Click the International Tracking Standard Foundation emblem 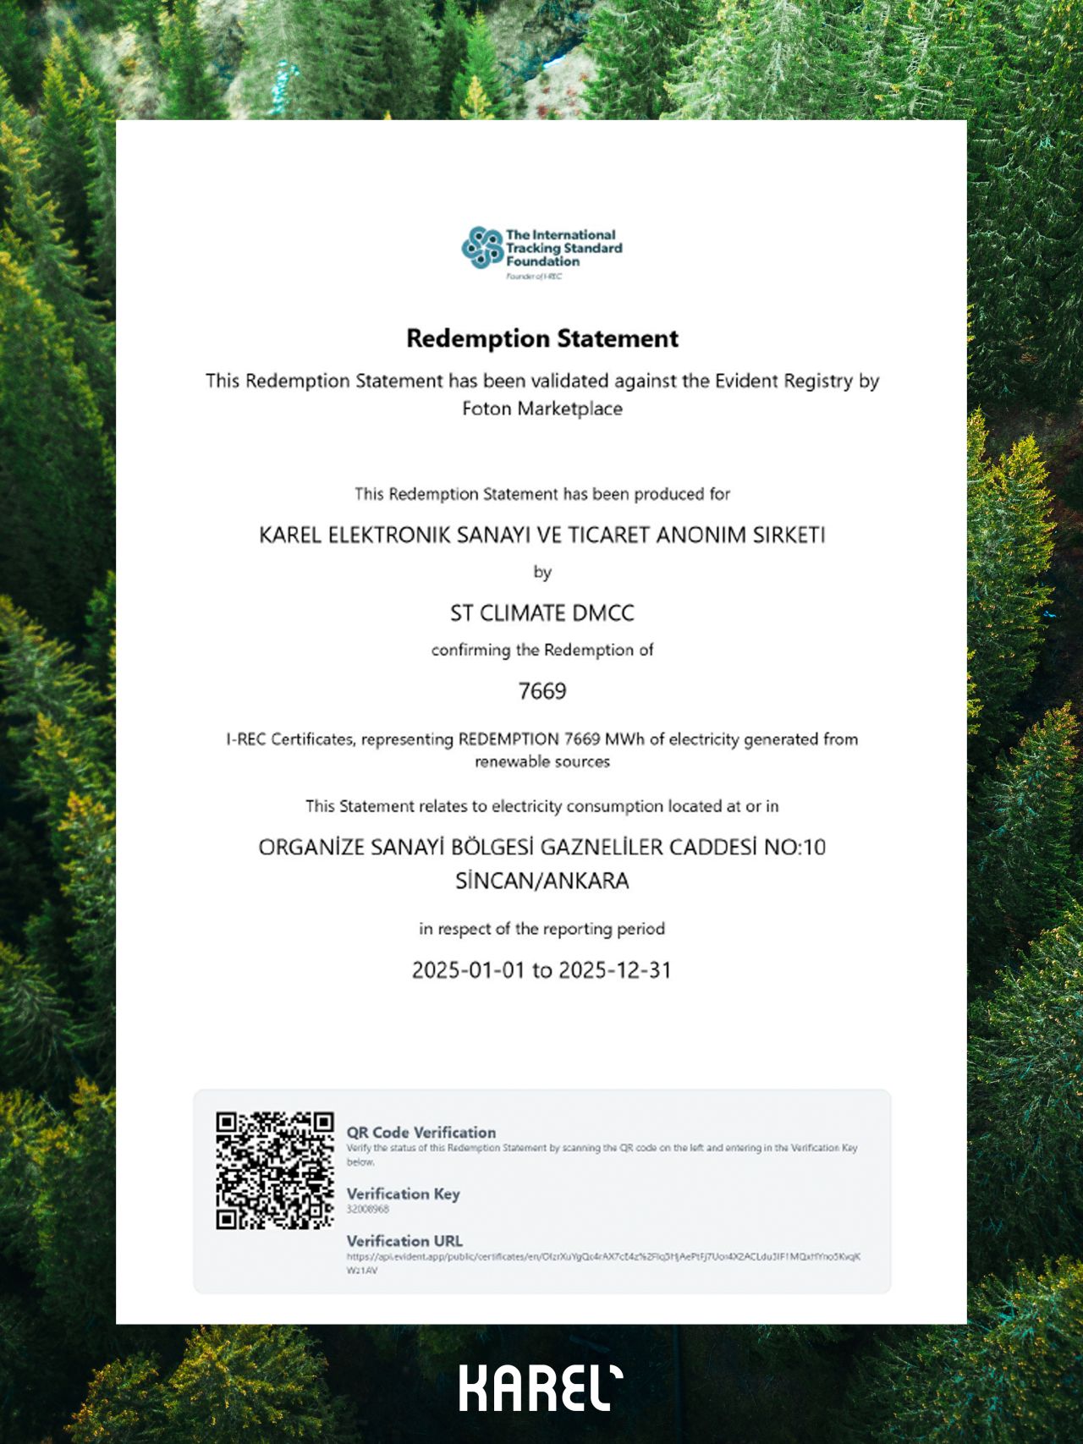pos(482,248)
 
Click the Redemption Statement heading pos(542,338)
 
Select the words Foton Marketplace pos(542,409)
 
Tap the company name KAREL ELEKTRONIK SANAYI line pos(542,535)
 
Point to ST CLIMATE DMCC pos(542,613)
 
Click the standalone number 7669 pos(542,691)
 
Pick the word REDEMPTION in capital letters pos(509,739)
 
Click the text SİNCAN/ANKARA pos(542,881)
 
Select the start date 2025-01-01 pos(469,969)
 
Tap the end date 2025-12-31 pos(615,969)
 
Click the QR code pos(275,1170)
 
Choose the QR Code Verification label pos(421,1132)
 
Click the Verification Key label pos(403,1194)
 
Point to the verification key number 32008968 pos(368,1210)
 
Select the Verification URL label pos(404,1241)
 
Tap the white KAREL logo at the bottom pos(541,1387)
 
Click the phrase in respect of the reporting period pos(542,929)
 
